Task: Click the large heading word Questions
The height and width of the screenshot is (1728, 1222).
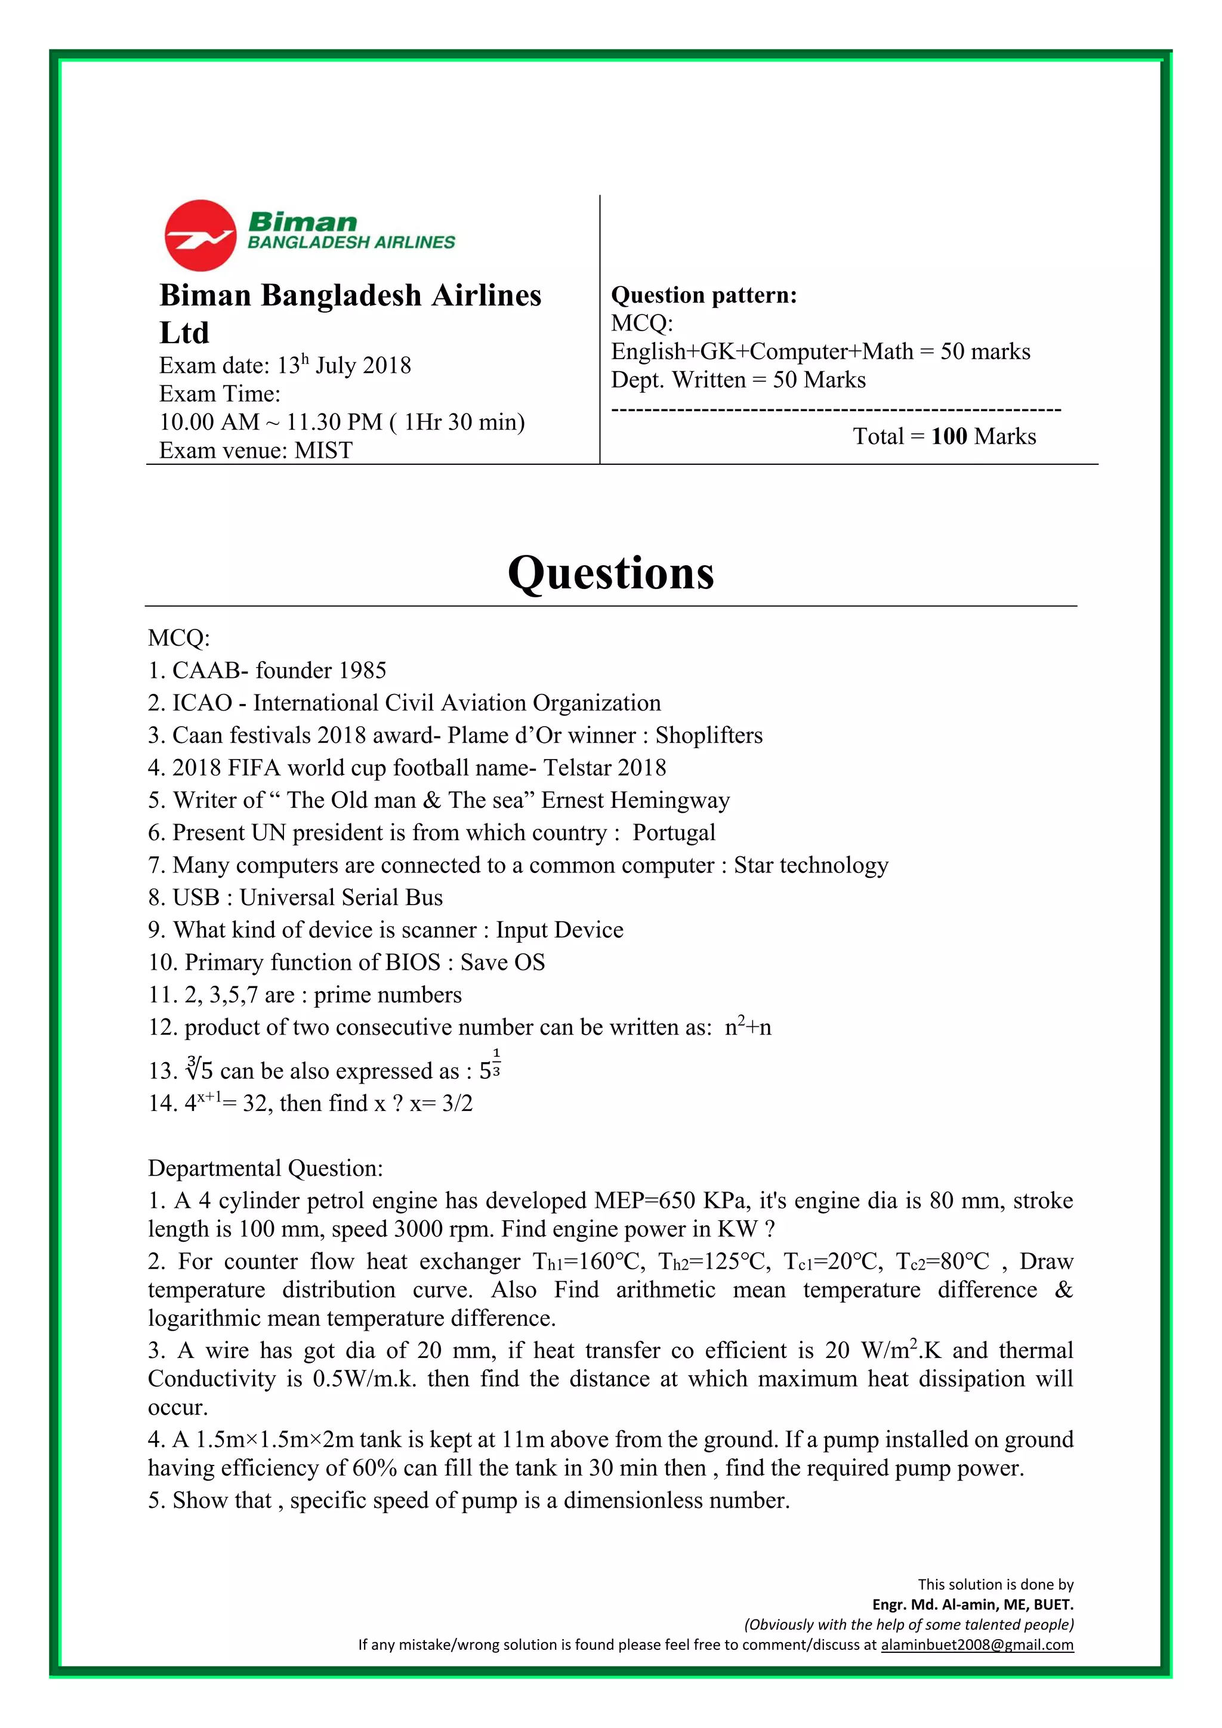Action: [x=610, y=573]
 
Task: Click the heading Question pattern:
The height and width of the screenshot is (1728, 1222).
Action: [x=703, y=295]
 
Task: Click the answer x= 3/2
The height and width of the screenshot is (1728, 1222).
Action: [x=441, y=1103]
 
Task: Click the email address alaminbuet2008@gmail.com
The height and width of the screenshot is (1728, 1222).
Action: [x=977, y=1644]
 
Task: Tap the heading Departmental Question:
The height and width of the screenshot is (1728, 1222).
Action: [x=265, y=1168]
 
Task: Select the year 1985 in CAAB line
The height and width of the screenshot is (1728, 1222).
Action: [x=363, y=671]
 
